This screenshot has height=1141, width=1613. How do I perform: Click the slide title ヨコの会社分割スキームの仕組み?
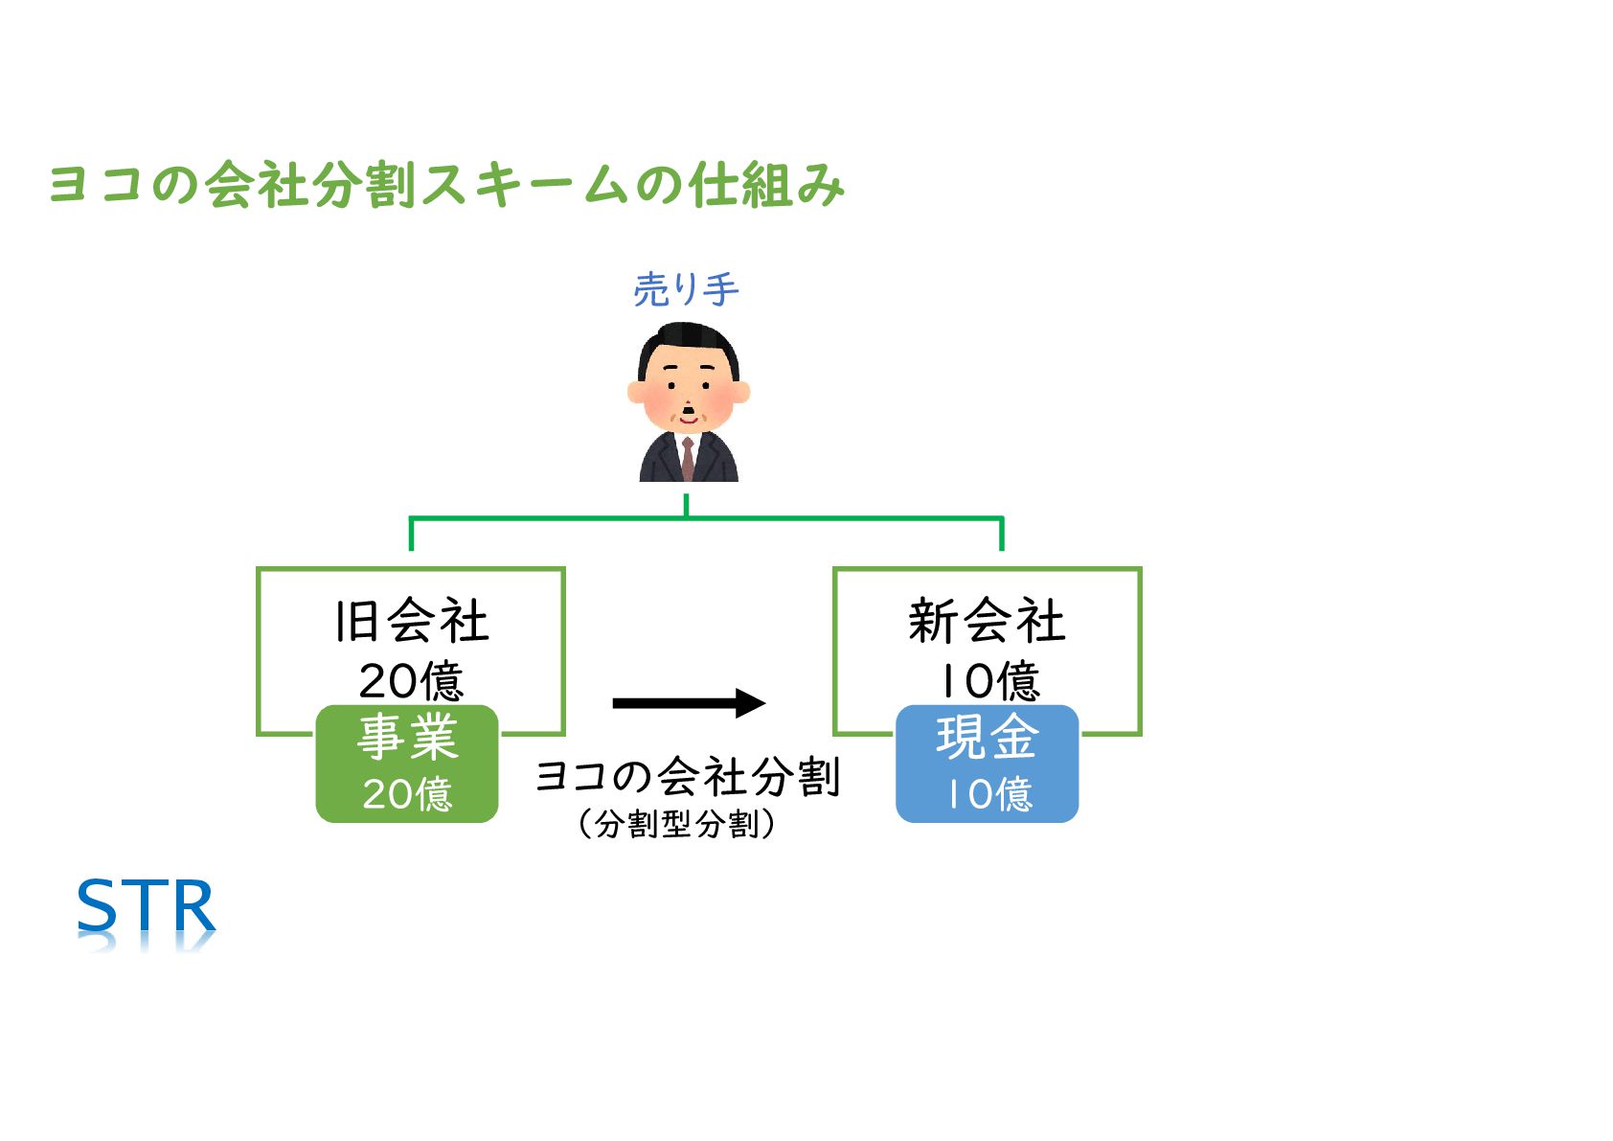tap(446, 185)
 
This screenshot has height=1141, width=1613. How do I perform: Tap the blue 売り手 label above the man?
tap(686, 289)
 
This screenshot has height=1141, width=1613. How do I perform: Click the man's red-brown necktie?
tap(688, 459)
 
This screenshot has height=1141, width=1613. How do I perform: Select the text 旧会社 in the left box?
tap(412, 621)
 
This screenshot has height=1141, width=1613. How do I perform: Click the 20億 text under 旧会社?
tap(412, 681)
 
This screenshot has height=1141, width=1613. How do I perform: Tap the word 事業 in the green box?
tap(407, 738)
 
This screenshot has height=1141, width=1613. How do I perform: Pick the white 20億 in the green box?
tap(407, 793)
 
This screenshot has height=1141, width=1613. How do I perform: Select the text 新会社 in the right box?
tap(987, 621)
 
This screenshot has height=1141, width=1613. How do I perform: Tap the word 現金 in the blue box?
tap(988, 738)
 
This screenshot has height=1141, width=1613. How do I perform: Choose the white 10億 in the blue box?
tap(988, 793)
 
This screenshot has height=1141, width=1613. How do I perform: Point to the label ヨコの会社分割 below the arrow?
tap(688, 777)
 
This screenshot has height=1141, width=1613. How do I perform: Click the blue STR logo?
tap(147, 906)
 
